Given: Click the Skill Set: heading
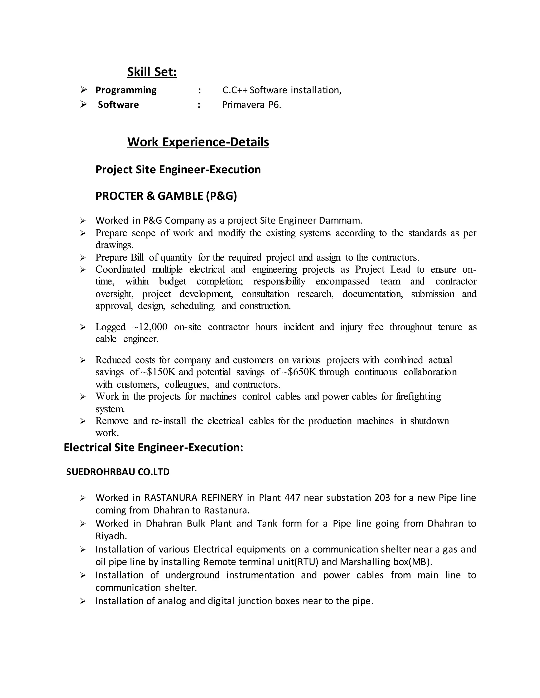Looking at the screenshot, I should (152, 72).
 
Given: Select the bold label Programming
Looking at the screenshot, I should (126, 90).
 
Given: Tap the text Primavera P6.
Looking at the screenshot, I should (252, 105).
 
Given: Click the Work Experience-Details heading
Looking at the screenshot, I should (198, 142).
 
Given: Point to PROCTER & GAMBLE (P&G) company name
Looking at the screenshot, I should (166, 196).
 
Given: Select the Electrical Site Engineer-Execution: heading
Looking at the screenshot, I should (153, 448).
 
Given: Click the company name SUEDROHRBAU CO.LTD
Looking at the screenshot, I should (118, 472).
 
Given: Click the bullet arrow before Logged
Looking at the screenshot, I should (83, 327).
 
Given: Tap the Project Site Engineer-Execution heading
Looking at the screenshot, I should (178, 169).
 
